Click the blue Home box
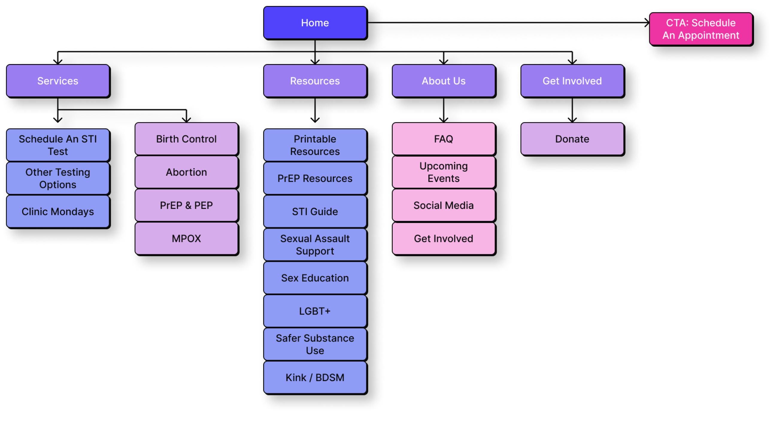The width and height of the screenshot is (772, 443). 315,23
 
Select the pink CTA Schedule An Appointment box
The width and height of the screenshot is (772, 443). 700,29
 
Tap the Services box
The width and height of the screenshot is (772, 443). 57,81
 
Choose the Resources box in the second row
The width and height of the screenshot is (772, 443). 315,81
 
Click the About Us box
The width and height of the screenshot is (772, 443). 443,81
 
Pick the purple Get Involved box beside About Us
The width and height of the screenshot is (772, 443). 572,81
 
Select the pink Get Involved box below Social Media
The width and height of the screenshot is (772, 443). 443,239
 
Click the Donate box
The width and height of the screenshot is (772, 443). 572,139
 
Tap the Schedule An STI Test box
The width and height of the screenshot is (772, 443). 57,145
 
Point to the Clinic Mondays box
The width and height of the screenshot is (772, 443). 57,211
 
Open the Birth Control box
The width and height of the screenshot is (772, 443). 186,139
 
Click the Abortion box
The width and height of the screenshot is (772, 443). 186,172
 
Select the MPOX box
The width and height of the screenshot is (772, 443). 186,239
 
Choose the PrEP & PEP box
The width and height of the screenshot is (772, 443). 186,205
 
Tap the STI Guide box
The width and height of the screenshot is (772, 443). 315,211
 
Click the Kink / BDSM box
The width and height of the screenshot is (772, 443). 315,377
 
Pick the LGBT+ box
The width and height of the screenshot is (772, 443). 315,311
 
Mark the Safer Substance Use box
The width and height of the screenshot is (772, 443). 315,344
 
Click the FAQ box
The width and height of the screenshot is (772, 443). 443,139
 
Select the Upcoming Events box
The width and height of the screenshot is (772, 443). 443,172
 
